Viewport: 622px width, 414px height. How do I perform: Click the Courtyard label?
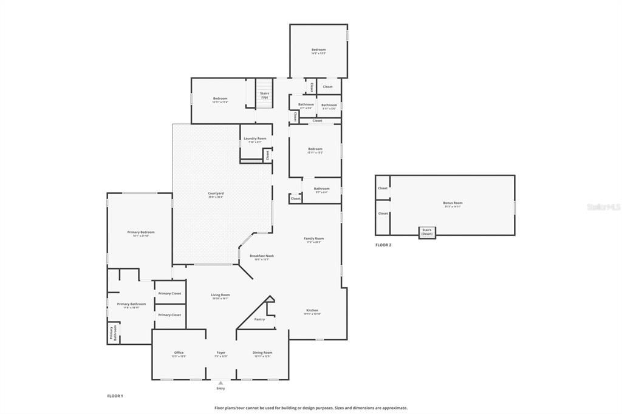pyautogui.click(x=216, y=194)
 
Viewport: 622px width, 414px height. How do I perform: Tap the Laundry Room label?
pyautogui.click(x=255, y=138)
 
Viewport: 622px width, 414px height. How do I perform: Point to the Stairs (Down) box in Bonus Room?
pyautogui.click(x=427, y=231)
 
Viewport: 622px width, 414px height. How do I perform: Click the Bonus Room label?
pyautogui.click(x=453, y=203)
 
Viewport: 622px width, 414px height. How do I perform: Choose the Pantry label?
pyautogui.click(x=259, y=319)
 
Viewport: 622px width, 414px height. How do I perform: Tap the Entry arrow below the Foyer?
pyautogui.click(x=220, y=382)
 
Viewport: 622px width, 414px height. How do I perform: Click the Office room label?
pyautogui.click(x=179, y=353)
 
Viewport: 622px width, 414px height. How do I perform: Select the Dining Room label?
pyautogui.click(x=262, y=353)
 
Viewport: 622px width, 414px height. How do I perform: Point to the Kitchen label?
pyautogui.click(x=311, y=310)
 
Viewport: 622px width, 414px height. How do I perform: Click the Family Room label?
pyautogui.click(x=314, y=239)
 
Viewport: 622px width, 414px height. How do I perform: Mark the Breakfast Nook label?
pyautogui.click(x=262, y=256)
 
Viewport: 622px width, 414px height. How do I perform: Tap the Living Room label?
pyautogui.click(x=220, y=295)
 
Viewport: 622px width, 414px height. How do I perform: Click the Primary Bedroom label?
pyautogui.click(x=141, y=232)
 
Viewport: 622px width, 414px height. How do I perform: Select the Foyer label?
pyautogui.click(x=221, y=353)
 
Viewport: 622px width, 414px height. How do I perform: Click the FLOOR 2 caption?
pyautogui.click(x=383, y=245)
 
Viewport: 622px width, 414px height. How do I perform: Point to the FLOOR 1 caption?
pyautogui.click(x=115, y=396)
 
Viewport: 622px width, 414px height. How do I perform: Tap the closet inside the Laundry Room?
pyautogui.click(x=267, y=155)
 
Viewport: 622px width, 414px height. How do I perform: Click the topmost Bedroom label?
pyautogui.click(x=319, y=50)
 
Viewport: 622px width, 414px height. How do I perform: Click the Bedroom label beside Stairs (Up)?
pyautogui.click(x=220, y=98)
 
